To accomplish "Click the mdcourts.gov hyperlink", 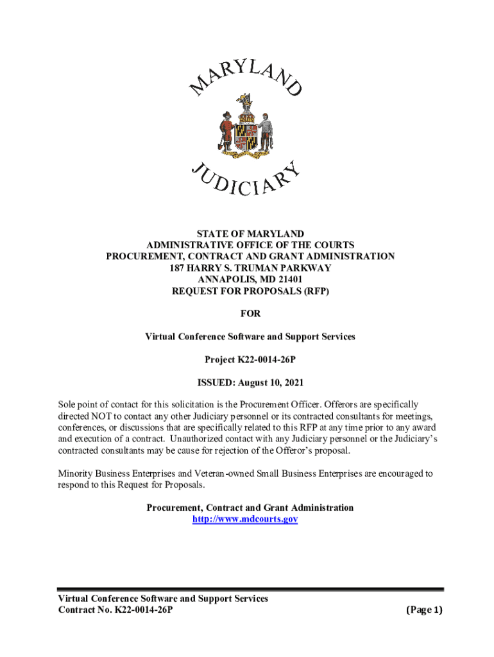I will (245, 519).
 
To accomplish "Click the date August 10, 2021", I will (271, 383).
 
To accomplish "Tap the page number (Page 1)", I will (424, 610).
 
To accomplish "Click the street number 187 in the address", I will (178, 268).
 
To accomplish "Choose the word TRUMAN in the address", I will (259, 268).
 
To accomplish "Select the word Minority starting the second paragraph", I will (76, 474).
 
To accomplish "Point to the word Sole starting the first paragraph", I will (68, 405).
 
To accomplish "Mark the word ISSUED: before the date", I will (217, 383).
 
